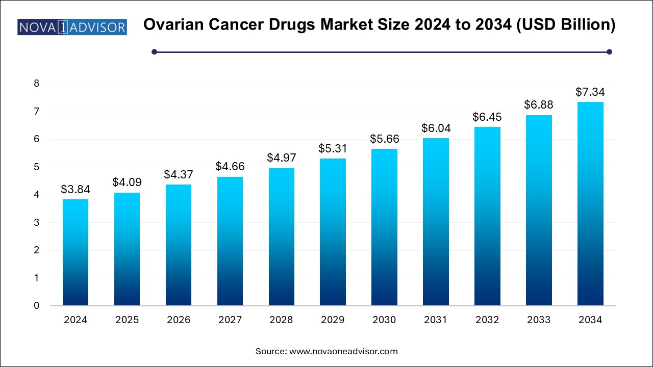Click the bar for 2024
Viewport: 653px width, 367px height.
point(76,252)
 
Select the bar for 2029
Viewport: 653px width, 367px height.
point(333,232)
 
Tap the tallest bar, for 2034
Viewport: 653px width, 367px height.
point(590,204)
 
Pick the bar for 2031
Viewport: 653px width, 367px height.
point(436,222)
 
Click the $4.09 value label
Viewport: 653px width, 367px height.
point(127,182)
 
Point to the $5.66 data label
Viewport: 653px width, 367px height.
point(384,138)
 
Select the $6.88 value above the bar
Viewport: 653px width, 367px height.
point(539,104)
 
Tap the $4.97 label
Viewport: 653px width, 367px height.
point(281,158)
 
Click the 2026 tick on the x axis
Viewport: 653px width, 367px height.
point(179,320)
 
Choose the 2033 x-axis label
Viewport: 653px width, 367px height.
point(539,320)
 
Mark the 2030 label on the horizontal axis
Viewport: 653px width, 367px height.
point(384,320)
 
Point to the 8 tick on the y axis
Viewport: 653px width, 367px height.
point(36,84)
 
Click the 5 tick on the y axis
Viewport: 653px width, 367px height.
point(36,167)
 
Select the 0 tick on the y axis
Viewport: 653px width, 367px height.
point(36,306)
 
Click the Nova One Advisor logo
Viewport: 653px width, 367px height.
point(72,27)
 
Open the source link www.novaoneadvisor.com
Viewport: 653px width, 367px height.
point(343,351)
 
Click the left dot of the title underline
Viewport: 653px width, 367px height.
point(155,51)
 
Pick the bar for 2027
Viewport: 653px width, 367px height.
point(230,241)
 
